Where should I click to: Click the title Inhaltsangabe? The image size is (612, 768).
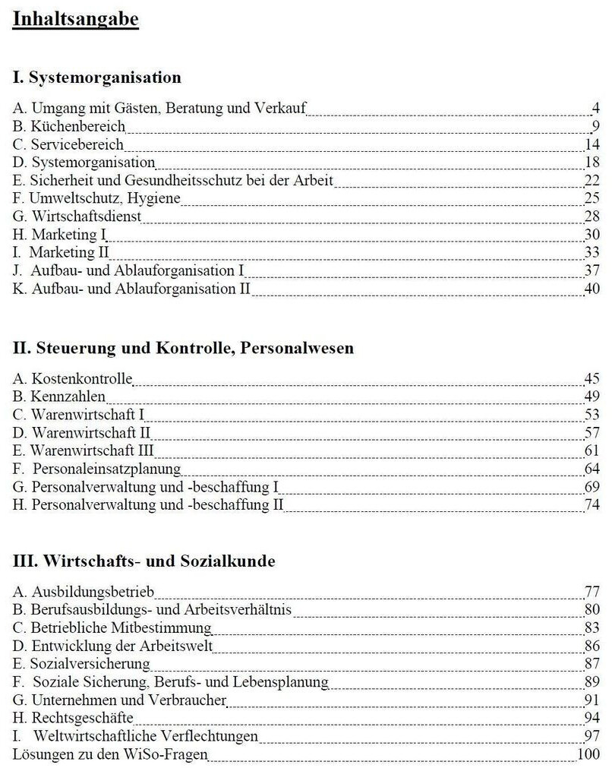coord(76,18)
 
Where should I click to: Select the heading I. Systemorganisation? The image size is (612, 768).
coord(97,77)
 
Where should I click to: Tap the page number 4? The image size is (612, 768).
coord(595,108)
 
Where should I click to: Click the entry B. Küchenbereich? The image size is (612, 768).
coord(69,126)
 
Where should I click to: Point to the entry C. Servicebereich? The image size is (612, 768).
coord(68,144)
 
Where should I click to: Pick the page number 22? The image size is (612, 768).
coord(592,180)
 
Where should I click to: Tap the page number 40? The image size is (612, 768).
coord(592,289)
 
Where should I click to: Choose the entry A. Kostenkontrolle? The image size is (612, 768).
coord(73,378)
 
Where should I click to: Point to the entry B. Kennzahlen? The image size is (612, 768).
coord(59,397)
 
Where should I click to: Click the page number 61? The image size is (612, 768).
coord(592,450)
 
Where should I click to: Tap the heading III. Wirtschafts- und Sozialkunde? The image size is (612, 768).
coord(144,561)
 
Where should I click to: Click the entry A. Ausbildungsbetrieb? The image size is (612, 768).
coord(84,592)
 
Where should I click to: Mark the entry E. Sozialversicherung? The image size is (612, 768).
coord(81,664)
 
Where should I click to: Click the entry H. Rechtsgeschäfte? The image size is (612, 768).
coord(74,718)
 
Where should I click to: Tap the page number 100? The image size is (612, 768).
coord(589,754)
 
